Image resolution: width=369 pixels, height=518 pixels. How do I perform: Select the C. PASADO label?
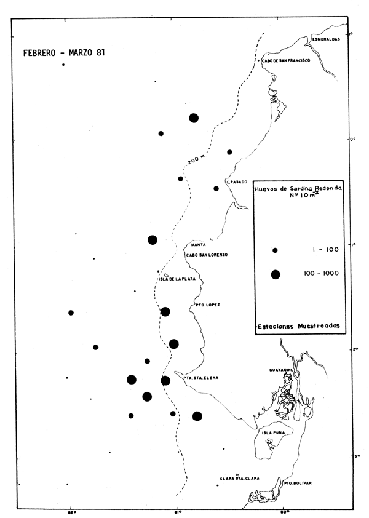coord(236,182)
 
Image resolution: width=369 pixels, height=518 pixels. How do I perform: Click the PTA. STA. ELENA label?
coord(201,377)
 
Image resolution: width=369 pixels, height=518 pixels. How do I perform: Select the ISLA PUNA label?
coord(272,432)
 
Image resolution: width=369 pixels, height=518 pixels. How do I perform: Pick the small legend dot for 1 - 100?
coord(276,250)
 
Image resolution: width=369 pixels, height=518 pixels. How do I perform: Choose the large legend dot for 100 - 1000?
coord(276,274)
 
